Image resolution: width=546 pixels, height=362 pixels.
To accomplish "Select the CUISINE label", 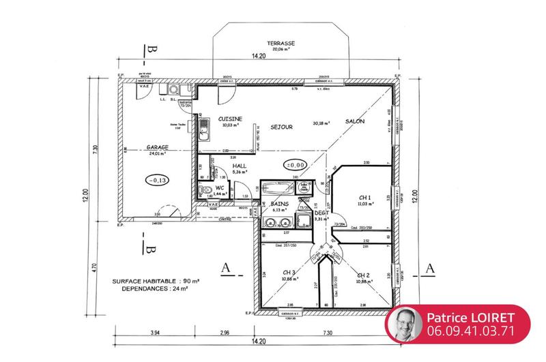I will click(230, 119).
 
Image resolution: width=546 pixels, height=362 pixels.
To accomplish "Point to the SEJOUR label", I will click(281, 127).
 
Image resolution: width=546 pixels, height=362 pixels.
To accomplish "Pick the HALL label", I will click(239, 166).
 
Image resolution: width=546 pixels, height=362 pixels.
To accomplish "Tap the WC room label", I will click(220, 187).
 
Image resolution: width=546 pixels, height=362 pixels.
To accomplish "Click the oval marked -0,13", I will click(157, 180).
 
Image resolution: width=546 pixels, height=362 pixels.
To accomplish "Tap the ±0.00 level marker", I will click(296, 164).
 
